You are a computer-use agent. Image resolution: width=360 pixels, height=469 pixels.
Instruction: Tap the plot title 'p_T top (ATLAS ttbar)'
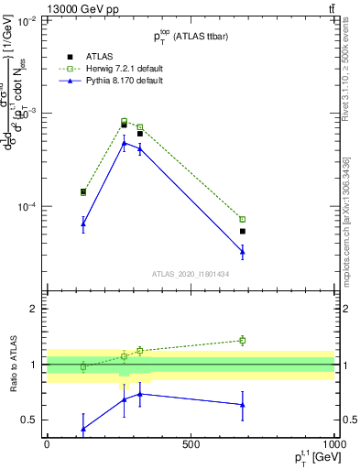click(191, 35)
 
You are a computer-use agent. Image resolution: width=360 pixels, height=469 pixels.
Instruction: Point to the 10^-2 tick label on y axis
click(28, 20)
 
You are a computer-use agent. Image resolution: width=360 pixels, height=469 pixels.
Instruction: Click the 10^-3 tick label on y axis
click(28, 114)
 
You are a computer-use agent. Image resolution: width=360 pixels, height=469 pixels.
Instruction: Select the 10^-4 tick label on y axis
click(28, 207)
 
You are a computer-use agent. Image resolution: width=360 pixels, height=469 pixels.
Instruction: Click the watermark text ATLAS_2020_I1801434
click(190, 274)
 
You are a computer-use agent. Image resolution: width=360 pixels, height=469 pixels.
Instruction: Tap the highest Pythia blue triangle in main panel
click(125, 143)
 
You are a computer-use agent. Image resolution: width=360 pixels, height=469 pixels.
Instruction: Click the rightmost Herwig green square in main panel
click(243, 219)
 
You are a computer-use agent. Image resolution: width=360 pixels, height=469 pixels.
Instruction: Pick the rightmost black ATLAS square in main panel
click(243, 231)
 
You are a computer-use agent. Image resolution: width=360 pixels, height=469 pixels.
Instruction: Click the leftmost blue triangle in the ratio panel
click(83, 429)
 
